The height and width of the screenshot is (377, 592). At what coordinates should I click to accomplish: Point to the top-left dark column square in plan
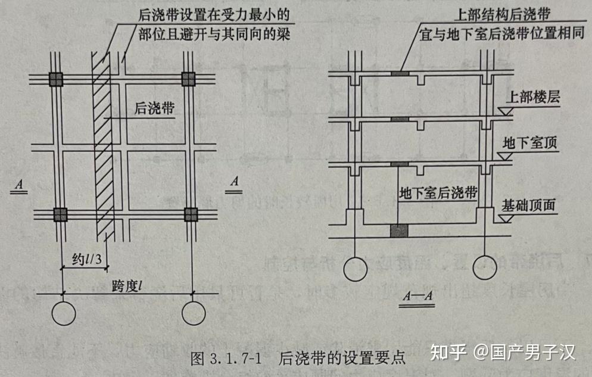point(56,79)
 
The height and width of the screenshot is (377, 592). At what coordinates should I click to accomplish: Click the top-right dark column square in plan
point(189,79)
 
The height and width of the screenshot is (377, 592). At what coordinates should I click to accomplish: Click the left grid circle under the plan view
point(63,313)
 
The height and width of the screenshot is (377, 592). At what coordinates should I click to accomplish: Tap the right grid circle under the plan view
point(194,313)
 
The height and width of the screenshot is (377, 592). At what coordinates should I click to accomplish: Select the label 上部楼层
point(531,98)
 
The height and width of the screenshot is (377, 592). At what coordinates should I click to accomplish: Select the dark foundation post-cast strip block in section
point(398,231)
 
